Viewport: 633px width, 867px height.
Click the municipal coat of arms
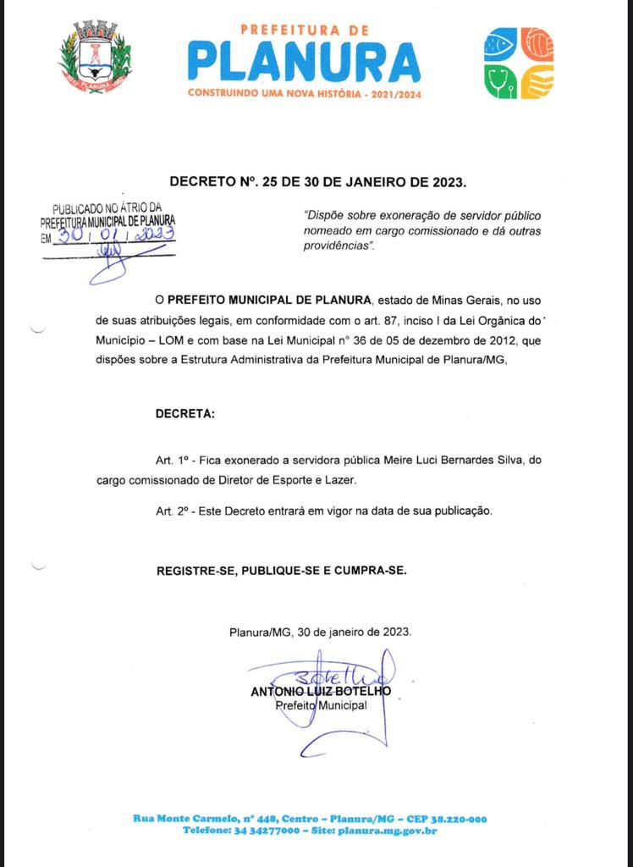point(96,57)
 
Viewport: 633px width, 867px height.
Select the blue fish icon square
point(500,44)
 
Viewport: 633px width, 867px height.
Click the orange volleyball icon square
point(537,44)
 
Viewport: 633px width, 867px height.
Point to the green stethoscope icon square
point(500,81)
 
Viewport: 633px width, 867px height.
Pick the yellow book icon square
point(537,81)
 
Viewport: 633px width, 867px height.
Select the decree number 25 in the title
point(270,181)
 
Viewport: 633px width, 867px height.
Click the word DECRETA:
point(185,414)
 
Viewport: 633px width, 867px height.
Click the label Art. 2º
point(171,511)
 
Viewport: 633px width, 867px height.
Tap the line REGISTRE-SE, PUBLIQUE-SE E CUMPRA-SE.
point(281,571)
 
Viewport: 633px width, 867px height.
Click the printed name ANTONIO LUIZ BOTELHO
point(321,691)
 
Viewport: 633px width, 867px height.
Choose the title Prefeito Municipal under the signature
point(321,705)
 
